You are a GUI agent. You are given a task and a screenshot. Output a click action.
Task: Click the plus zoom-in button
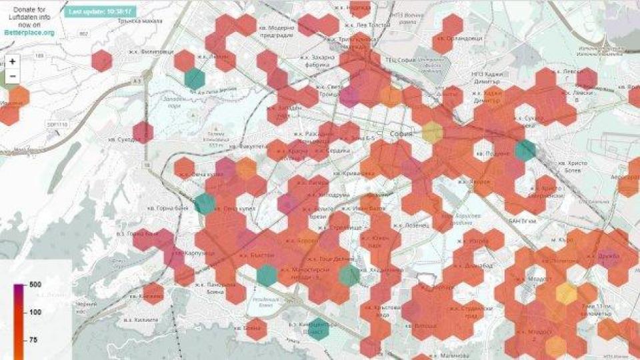13,61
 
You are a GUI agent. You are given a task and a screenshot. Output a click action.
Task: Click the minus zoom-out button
13,76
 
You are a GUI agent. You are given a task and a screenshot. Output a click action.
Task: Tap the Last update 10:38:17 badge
101,11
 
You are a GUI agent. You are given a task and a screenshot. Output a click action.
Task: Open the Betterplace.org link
28,31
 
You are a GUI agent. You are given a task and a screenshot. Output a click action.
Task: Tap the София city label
403,134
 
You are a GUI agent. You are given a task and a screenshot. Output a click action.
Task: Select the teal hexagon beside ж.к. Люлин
195,78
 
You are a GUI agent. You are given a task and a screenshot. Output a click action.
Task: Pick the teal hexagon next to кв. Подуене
525,150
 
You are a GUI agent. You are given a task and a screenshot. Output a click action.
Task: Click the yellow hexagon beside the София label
432,132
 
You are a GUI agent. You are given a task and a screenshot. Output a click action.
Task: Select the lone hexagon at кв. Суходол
143,132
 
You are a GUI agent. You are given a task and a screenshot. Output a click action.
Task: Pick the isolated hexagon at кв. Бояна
256,329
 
